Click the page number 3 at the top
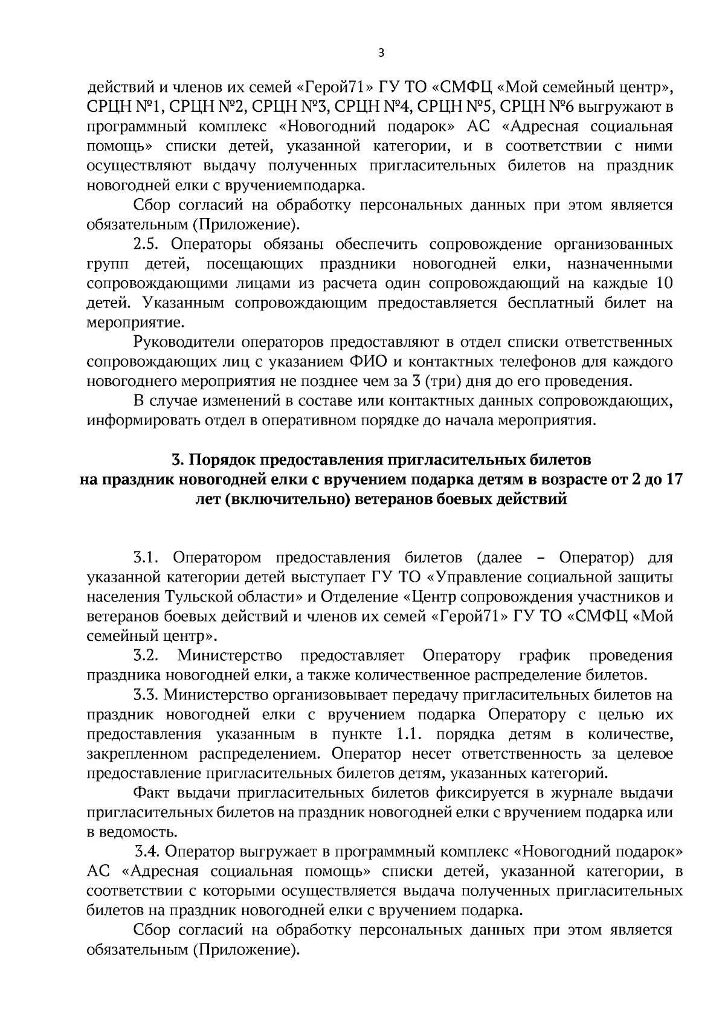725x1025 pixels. pyautogui.click(x=380, y=53)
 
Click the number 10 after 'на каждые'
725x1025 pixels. pyautogui.click(x=662, y=284)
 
